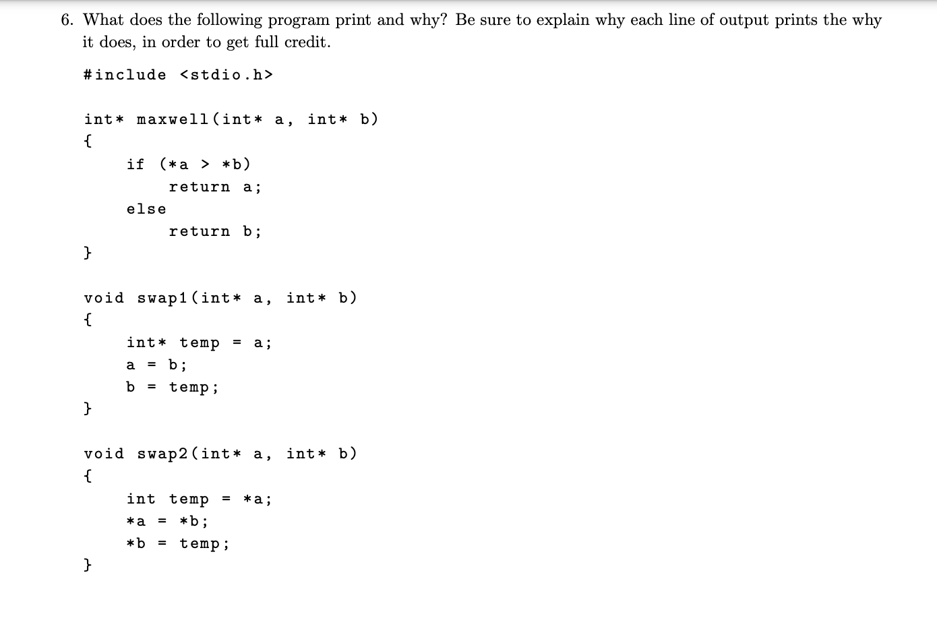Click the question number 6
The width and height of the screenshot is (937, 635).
click(x=66, y=20)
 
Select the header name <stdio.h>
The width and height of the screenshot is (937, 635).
click(x=226, y=75)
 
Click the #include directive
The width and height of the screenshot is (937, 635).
click(x=125, y=75)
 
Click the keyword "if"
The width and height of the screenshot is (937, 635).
click(x=135, y=164)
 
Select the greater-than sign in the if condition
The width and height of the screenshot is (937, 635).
click(x=206, y=164)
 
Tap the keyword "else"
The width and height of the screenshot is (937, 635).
click(x=146, y=209)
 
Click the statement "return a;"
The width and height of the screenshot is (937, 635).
click(x=214, y=187)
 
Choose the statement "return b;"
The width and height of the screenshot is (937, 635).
click(x=214, y=231)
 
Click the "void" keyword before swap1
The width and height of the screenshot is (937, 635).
click(x=104, y=298)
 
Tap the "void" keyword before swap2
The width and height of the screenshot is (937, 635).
click(x=104, y=454)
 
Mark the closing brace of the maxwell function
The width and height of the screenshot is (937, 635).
click(x=88, y=253)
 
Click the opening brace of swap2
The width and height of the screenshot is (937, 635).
click(x=88, y=476)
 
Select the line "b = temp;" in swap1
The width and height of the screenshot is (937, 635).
click(x=173, y=388)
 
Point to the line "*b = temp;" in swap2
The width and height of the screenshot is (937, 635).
click(x=178, y=543)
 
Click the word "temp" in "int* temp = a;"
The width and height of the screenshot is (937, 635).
click(x=200, y=343)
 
